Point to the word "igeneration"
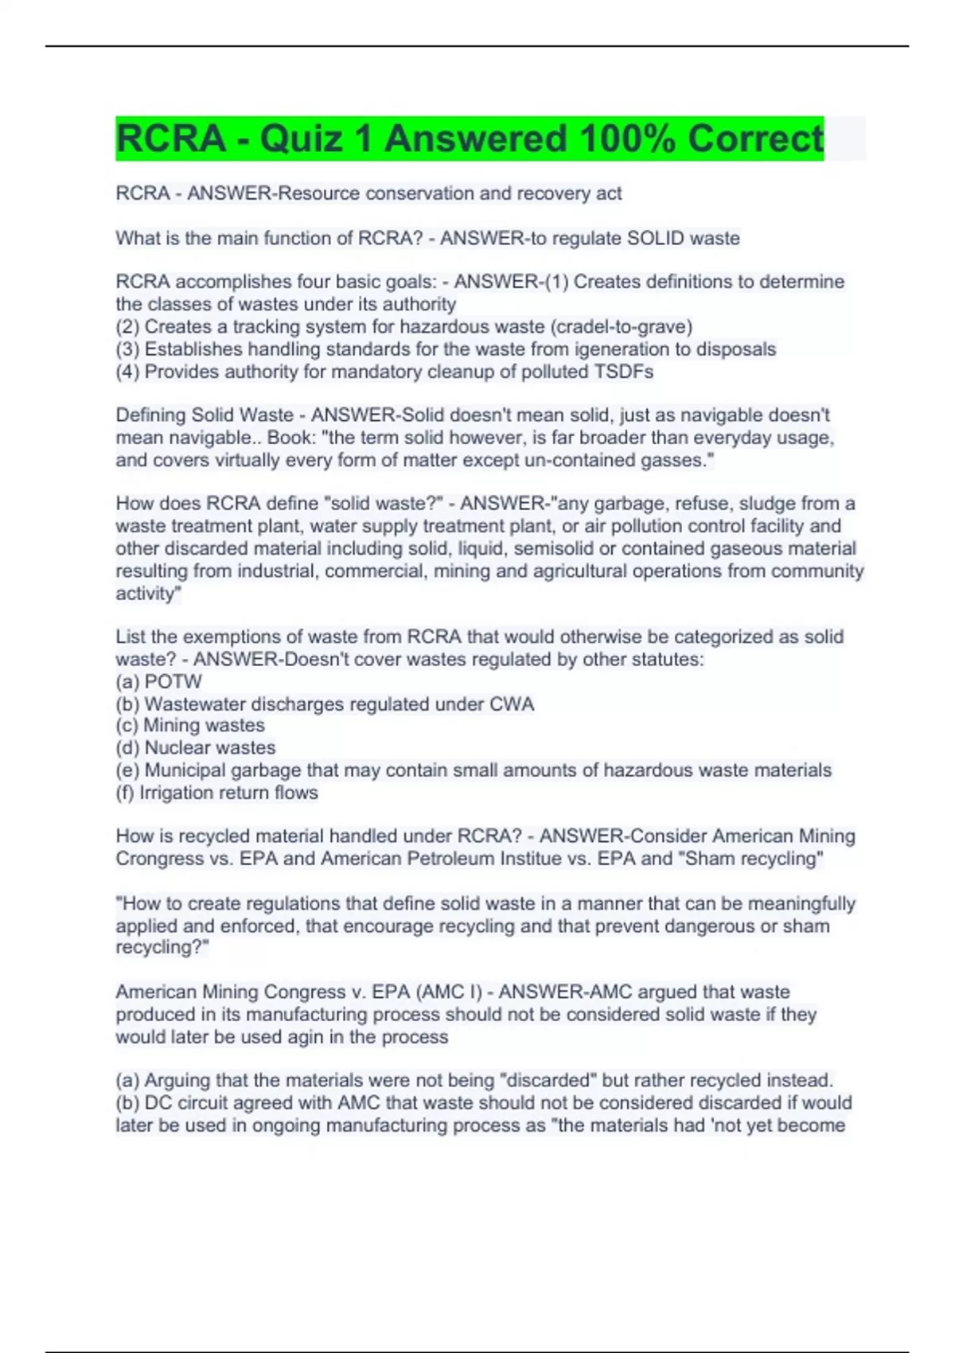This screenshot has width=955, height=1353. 618,349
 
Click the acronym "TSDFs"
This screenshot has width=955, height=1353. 625,372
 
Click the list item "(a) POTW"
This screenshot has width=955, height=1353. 159,681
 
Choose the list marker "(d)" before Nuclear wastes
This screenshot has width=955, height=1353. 127,747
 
